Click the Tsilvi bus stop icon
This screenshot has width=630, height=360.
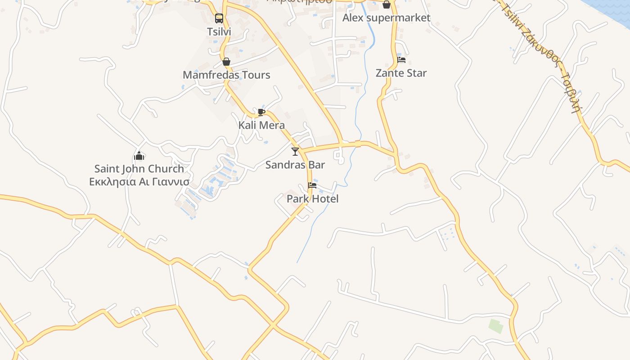pos(219,18)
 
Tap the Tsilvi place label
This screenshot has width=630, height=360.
pos(219,32)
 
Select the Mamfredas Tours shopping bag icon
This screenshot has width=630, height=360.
pos(226,62)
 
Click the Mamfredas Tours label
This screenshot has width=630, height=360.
pos(226,75)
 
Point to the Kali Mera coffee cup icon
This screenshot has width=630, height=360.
pos(261,112)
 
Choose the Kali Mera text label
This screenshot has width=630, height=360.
pos(261,125)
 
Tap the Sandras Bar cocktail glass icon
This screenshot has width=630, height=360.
pos(295,152)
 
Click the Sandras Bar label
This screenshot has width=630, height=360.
pos(295,165)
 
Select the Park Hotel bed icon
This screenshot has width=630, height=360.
pos(312,185)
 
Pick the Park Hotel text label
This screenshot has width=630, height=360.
pos(313,198)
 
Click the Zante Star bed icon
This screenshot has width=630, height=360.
pos(401,60)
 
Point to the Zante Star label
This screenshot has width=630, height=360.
pos(401,73)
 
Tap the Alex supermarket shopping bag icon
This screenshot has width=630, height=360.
pos(387,5)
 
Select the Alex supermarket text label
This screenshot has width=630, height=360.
pos(387,18)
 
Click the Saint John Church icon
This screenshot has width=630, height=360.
pos(139,156)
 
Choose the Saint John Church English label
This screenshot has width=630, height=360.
pos(139,169)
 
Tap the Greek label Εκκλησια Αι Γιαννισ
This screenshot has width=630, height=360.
pos(139,182)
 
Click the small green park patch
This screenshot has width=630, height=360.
pos(496,326)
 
